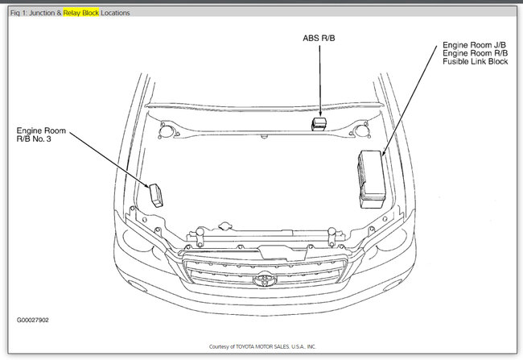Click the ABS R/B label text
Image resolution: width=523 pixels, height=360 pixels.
(319, 38)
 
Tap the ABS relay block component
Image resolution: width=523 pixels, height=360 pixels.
(319, 124)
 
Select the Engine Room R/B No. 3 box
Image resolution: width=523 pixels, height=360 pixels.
(156, 196)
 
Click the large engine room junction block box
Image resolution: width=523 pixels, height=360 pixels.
(371, 179)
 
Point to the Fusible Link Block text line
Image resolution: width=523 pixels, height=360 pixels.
(475, 61)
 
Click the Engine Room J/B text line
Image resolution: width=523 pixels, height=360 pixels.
(474, 45)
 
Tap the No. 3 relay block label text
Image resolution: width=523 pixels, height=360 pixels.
(41, 134)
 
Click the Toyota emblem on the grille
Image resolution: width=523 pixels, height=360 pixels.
(265, 279)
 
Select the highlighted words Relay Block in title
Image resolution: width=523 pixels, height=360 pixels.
(81, 13)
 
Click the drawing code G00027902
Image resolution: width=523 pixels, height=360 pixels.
(33, 320)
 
